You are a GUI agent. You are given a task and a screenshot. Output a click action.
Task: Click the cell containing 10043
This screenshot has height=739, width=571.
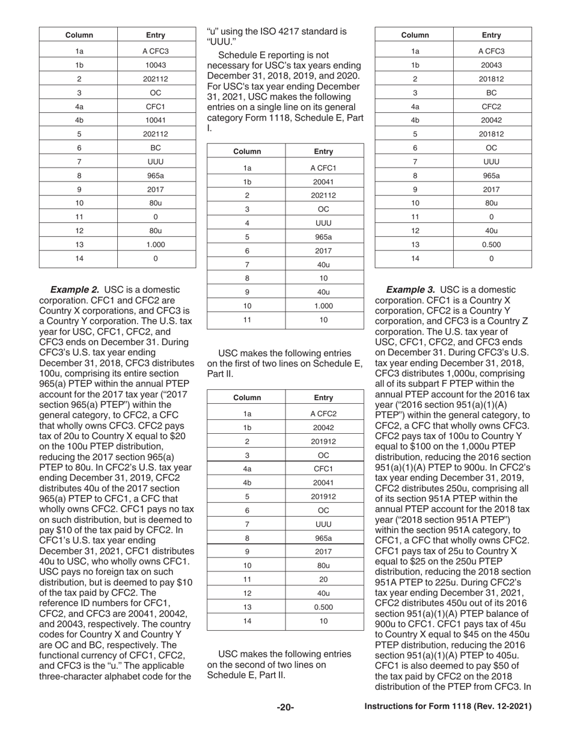click(x=156, y=65)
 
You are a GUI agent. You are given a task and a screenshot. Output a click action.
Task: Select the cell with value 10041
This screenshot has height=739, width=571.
click(x=156, y=120)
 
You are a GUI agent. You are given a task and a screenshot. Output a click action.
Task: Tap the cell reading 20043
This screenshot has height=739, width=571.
click(x=491, y=65)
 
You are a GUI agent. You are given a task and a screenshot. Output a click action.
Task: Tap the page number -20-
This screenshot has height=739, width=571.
click(x=285, y=708)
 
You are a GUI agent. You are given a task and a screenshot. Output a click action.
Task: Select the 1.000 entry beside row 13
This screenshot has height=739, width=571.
click(x=156, y=245)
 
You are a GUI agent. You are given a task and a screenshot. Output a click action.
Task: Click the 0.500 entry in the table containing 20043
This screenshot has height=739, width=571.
click(x=491, y=245)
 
